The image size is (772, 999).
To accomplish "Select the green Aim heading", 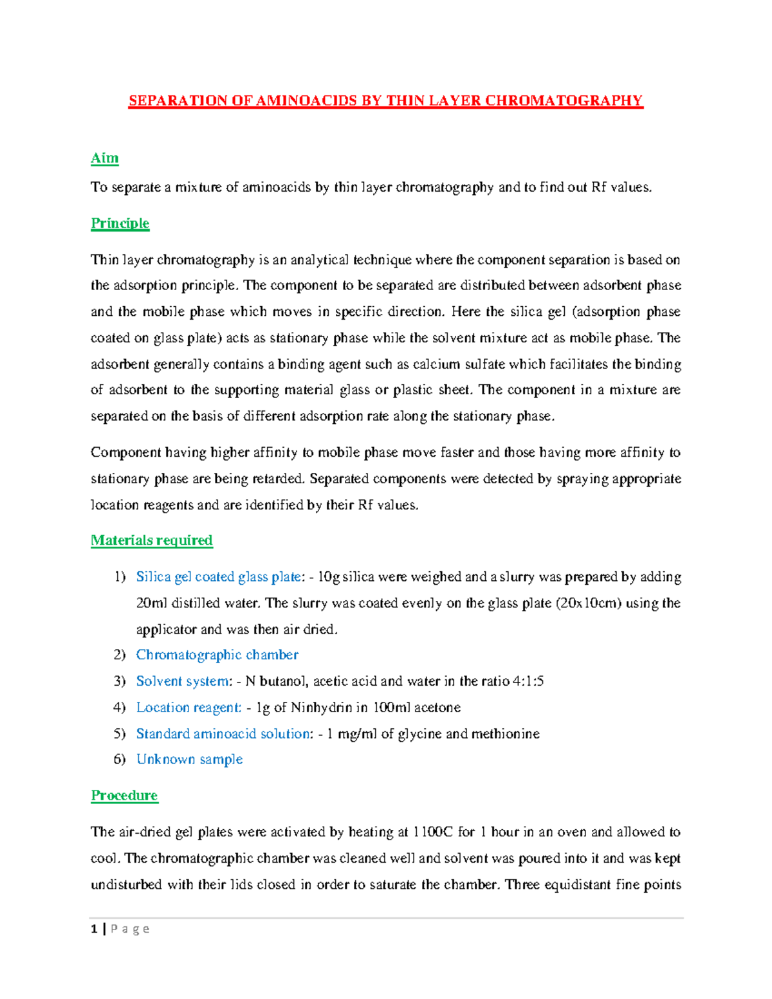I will [104, 158].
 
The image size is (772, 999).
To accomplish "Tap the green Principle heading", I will [120, 223].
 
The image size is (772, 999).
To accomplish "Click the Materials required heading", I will [151, 540].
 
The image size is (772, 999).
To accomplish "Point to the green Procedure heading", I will [124, 796].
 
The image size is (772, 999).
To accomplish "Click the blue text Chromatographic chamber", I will [217, 655].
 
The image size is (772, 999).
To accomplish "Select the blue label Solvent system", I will [183, 681].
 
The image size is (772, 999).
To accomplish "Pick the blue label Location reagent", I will [188, 708].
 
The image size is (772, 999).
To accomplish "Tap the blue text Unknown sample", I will [189, 760].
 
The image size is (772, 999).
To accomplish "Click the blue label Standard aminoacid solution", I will [223, 734].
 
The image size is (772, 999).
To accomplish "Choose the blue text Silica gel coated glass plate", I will [218, 577].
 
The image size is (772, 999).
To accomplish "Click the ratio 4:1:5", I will [528, 681].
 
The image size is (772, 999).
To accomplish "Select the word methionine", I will [505, 734].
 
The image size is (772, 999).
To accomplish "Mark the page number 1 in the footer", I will [95, 929].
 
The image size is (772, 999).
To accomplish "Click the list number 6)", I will [120, 760].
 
